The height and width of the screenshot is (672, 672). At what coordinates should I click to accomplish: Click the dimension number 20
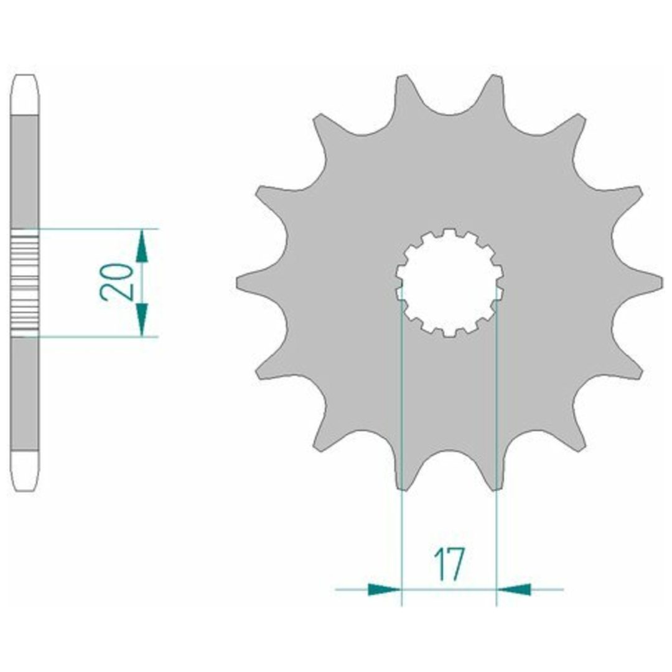click(x=115, y=282)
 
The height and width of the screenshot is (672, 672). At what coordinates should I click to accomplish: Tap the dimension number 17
click(x=449, y=564)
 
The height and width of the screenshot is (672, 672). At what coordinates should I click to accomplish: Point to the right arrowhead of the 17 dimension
click(x=513, y=589)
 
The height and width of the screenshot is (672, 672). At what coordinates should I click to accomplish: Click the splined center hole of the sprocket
click(x=449, y=283)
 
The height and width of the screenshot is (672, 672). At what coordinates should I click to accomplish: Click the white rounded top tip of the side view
click(x=24, y=95)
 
